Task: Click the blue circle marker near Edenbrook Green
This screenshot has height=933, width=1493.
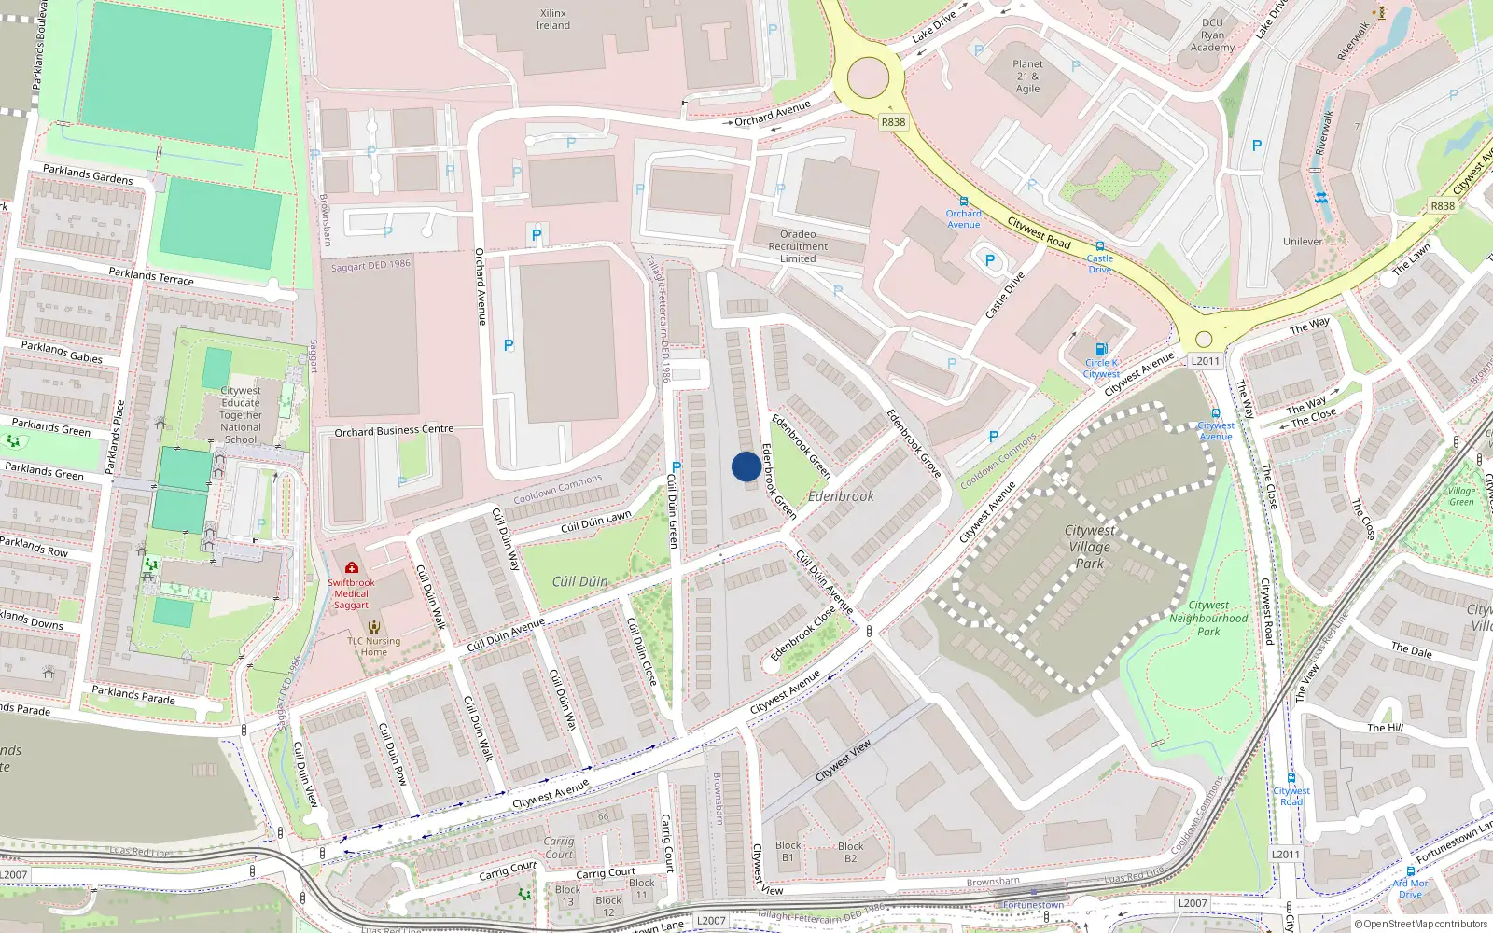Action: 746,466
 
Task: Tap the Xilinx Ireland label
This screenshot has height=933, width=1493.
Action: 552,20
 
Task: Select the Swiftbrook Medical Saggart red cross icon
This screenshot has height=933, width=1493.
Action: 351,567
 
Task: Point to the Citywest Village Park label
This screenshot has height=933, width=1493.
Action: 1089,546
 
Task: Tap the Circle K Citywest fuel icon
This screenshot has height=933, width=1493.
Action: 1101,350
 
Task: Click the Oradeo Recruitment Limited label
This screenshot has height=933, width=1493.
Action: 798,246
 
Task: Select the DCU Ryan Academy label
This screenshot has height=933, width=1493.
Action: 1212,35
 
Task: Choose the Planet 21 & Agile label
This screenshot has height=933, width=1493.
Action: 1027,77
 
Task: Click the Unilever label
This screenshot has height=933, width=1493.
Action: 1303,241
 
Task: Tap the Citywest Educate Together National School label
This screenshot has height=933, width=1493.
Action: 241,415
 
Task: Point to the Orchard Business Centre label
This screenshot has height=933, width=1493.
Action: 394,431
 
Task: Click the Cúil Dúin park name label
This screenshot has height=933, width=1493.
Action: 579,581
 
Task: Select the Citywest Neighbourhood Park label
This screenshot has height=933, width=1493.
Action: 1208,618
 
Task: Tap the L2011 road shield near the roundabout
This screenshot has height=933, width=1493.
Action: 1205,361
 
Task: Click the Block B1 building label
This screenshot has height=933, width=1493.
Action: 788,851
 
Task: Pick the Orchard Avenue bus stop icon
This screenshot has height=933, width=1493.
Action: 963,202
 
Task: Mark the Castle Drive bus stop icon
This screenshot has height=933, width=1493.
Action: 1100,246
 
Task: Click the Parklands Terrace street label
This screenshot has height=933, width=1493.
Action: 151,276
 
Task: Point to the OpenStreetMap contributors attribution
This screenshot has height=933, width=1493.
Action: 1421,924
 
